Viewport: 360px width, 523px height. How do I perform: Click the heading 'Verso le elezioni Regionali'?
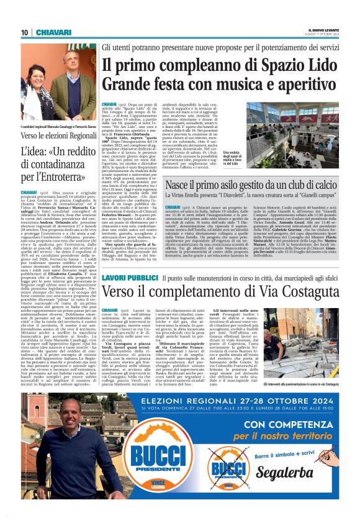[56, 135]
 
